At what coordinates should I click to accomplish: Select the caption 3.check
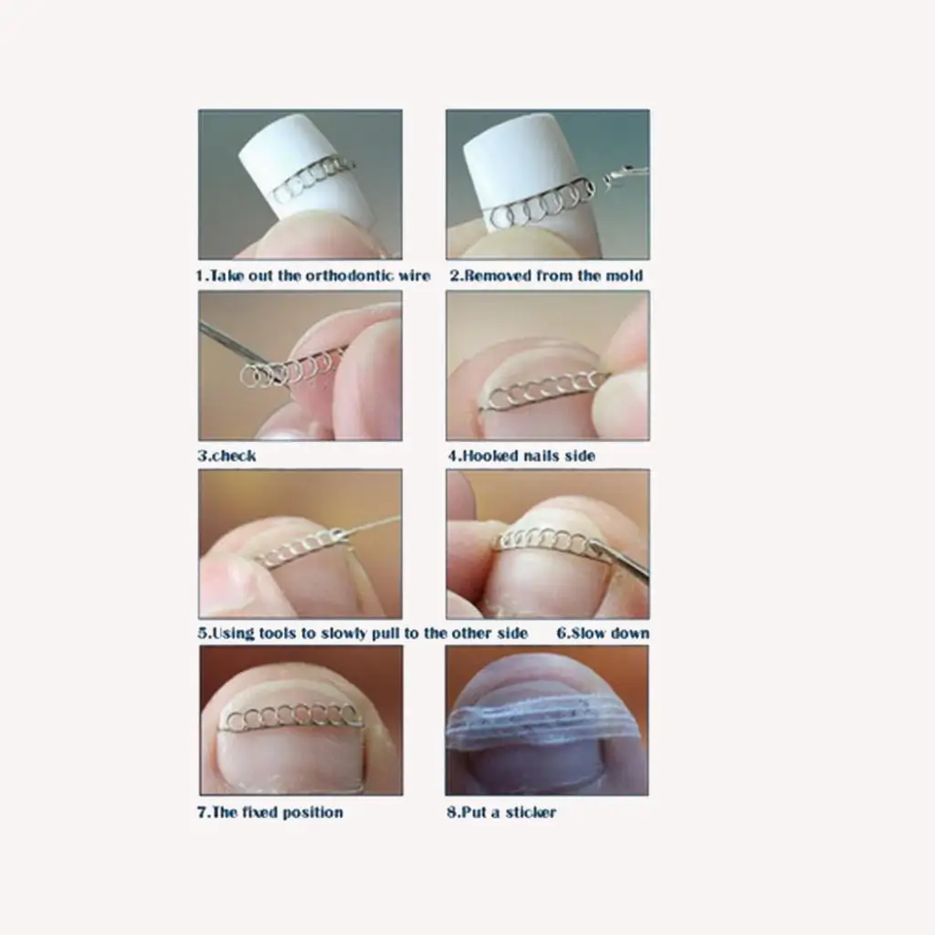[x=227, y=456]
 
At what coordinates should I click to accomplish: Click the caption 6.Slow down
[x=603, y=633]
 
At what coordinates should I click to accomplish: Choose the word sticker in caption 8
[x=529, y=812]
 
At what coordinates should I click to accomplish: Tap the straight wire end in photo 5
[x=374, y=524]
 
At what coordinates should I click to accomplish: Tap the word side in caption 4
[x=579, y=456]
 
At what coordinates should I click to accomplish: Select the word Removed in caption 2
[x=499, y=275]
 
